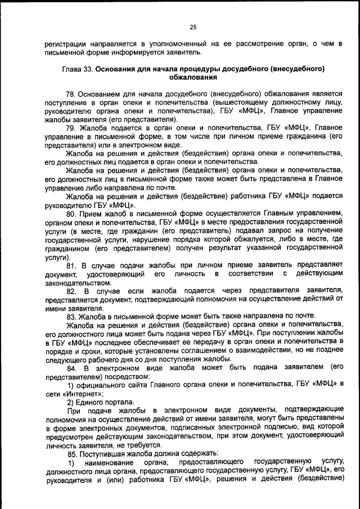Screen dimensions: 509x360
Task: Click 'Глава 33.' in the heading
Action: [76, 69]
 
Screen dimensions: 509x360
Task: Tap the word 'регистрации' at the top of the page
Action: [65, 43]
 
